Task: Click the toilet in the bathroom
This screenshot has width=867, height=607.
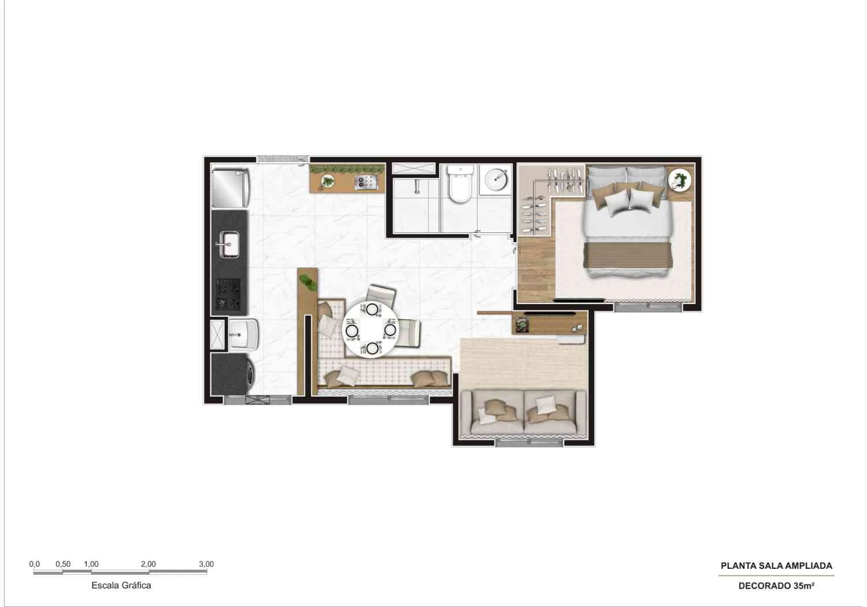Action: click(x=461, y=184)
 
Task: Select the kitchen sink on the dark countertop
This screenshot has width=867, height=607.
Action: click(x=229, y=243)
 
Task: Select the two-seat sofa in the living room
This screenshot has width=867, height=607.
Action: click(x=524, y=413)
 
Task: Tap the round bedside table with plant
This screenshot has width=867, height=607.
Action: click(x=680, y=180)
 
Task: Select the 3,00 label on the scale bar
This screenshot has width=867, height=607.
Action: click(x=206, y=564)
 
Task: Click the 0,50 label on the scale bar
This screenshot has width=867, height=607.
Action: click(x=63, y=564)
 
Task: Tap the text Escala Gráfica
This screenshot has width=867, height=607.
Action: click(x=121, y=585)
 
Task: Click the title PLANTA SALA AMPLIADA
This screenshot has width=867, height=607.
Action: click(x=776, y=566)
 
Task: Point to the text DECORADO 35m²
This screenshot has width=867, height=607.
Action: click(x=776, y=586)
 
